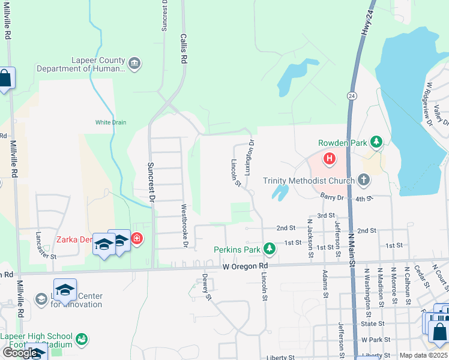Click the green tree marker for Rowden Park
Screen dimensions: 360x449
pyautogui.click(x=376, y=142)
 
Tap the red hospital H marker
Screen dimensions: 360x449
pyautogui.click(x=329, y=159)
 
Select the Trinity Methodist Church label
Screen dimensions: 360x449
pyautogui.click(x=309, y=181)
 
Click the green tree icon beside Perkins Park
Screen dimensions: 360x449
pyautogui.click(x=270, y=248)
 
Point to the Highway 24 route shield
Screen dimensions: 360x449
pyautogui.click(x=351, y=95)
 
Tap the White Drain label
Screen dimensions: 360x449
pyautogui.click(x=110, y=122)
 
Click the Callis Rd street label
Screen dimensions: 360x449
pyautogui.click(x=184, y=49)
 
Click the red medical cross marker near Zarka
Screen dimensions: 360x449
pyautogui.click(x=137, y=239)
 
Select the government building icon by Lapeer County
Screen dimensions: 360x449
pyautogui.click(x=134, y=63)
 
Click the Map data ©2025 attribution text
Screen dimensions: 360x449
pyautogui.click(x=423, y=355)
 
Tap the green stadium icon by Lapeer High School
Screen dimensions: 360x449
pyautogui.click(x=82, y=341)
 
